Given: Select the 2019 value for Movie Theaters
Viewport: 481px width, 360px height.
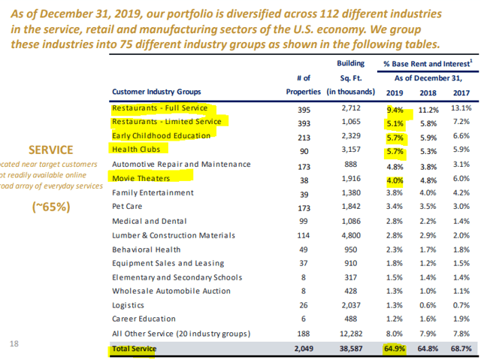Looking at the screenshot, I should click(x=395, y=179).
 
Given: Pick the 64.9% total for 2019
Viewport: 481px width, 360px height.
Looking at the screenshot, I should click(x=395, y=348).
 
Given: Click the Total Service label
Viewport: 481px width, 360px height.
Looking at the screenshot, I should click(x=134, y=348).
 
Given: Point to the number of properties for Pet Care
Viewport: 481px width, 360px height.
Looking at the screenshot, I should click(x=304, y=207).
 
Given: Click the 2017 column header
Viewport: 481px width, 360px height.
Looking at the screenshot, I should click(x=460, y=92).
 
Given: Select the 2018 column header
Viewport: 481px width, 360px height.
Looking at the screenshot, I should click(x=428, y=92).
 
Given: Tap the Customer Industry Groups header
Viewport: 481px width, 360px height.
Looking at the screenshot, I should click(x=156, y=92).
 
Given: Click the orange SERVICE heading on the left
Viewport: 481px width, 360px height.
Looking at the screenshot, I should click(x=51, y=150).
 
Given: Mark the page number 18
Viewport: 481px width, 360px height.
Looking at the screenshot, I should click(x=14, y=343).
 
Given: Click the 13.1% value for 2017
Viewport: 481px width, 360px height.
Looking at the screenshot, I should click(x=460, y=108).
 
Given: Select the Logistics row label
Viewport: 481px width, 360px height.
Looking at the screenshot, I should click(x=128, y=305).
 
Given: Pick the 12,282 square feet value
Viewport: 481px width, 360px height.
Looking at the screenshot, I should click(x=352, y=334).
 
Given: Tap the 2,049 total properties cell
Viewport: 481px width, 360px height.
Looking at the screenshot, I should click(x=304, y=348).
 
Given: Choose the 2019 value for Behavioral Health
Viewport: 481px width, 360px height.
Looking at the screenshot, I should click(x=395, y=249).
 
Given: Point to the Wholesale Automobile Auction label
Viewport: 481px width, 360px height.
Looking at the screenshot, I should click(x=162, y=291).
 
